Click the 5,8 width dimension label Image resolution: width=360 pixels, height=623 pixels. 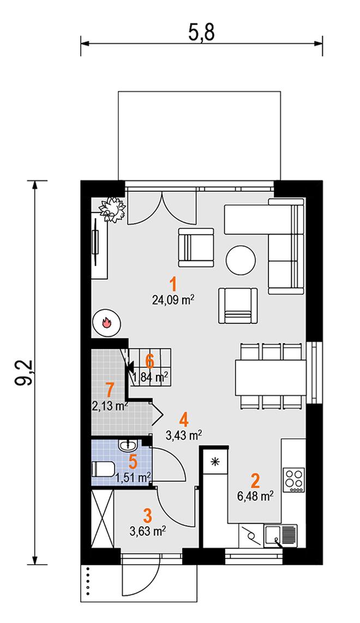coord(201,33)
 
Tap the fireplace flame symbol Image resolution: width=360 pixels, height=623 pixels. coord(106,322)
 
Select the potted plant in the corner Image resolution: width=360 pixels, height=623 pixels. coord(112,209)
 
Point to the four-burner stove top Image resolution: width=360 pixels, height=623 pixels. coord(294,480)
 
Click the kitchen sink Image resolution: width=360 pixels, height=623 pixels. coord(280,535)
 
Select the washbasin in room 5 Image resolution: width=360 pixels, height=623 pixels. coord(128,445)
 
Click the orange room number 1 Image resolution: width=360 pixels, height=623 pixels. coord(173,285)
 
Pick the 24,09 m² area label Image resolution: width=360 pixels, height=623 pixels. coord(173,300)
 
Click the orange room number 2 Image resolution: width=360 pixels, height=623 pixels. coord(255,481)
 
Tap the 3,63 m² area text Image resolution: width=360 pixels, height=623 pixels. coord(148,531)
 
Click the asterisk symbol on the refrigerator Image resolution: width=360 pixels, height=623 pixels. coord(215,461)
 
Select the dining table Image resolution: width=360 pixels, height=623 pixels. coord(271,378)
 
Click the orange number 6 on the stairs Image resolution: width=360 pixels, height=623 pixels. coord(149,361)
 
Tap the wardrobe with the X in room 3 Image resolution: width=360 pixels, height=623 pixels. coord(103,519)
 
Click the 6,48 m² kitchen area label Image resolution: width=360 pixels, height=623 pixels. coord(255,496)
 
